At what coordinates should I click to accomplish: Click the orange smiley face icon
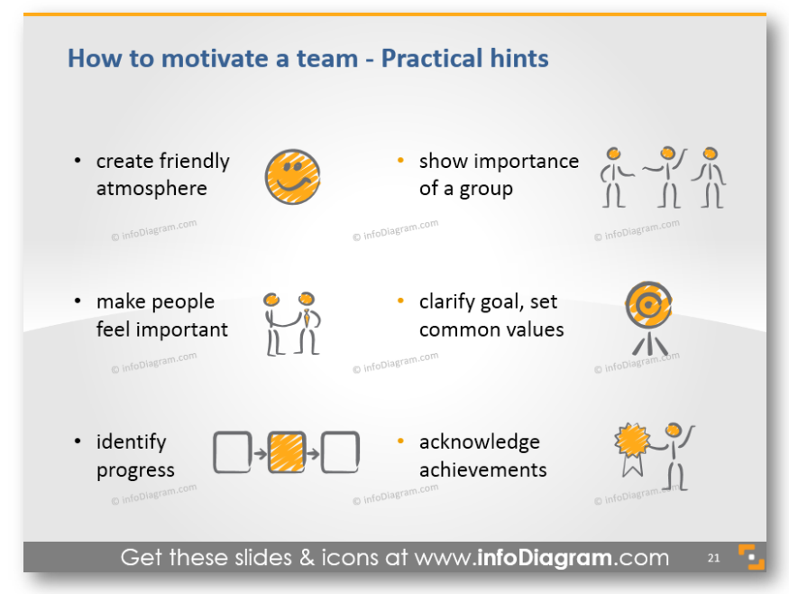coord(292,177)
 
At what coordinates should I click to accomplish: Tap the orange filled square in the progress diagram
coord(287,452)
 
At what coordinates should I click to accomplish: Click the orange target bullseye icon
coord(648,305)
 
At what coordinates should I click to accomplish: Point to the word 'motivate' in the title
coord(215,58)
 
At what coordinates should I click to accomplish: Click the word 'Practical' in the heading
coord(432,58)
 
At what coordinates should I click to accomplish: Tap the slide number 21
coord(713,558)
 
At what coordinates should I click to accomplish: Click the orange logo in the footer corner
coord(751,557)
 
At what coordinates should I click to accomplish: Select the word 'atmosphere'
coord(151,189)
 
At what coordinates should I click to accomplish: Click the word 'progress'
coord(135,470)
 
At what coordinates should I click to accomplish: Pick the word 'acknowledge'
coord(480,441)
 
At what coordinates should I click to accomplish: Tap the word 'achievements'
coord(483,469)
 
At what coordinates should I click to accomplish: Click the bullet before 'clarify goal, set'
coord(400,301)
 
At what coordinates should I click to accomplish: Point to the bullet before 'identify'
coord(78,441)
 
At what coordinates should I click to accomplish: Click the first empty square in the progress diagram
coord(233,452)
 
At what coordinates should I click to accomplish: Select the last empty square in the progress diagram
coord(340,452)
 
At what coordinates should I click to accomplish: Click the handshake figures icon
coord(292,324)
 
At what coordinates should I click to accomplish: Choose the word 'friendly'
coord(195,162)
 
